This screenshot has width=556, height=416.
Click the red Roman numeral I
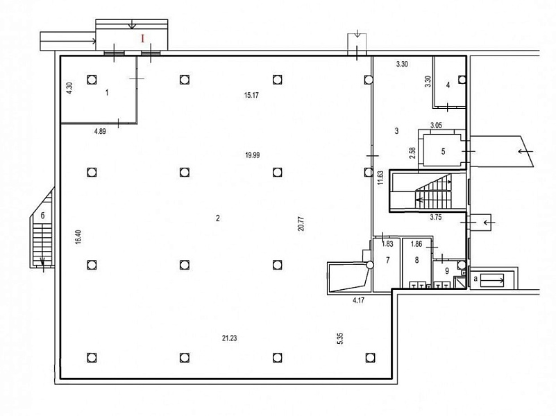(143, 39)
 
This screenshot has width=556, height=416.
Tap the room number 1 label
(107, 93)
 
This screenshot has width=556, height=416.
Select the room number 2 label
(218, 218)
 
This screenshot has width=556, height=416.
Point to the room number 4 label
(448, 85)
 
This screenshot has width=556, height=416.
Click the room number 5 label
(444, 152)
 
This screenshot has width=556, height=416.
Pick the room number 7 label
(387, 260)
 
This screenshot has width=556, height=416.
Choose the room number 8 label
(416, 260)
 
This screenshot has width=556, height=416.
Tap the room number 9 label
(447, 271)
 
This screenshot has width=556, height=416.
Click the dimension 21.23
(230, 338)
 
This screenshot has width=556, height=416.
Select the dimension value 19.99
(252, 155)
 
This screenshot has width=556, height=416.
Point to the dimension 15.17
(251, 95)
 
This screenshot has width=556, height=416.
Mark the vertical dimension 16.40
(78, 237)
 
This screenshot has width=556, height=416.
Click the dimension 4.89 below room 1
(100, 132)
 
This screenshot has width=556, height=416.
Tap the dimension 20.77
(302, 224)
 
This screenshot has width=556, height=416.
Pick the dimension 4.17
(358, 301)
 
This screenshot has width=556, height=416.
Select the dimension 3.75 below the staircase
(436, 218)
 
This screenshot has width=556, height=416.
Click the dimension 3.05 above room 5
(436, 125)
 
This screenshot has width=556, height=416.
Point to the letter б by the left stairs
(42, 215)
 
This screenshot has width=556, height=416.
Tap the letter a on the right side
(475, 278)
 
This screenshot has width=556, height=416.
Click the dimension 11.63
(380, 178)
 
